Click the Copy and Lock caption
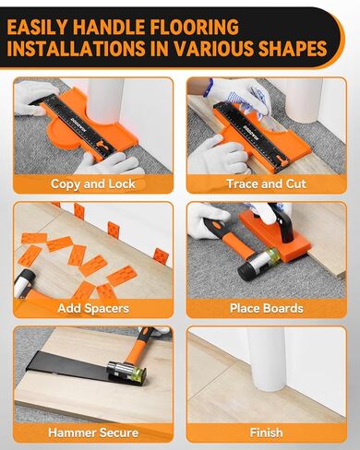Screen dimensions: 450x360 click(92, 184)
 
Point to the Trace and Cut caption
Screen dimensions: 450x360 click(268, 184)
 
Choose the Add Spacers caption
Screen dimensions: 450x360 click(92, 308)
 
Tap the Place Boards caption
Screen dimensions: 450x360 click(268, 308)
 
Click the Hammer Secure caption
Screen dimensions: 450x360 click(92, 432)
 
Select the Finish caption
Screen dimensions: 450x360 click(268, 432)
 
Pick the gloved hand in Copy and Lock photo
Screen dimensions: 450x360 click(102, 161)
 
